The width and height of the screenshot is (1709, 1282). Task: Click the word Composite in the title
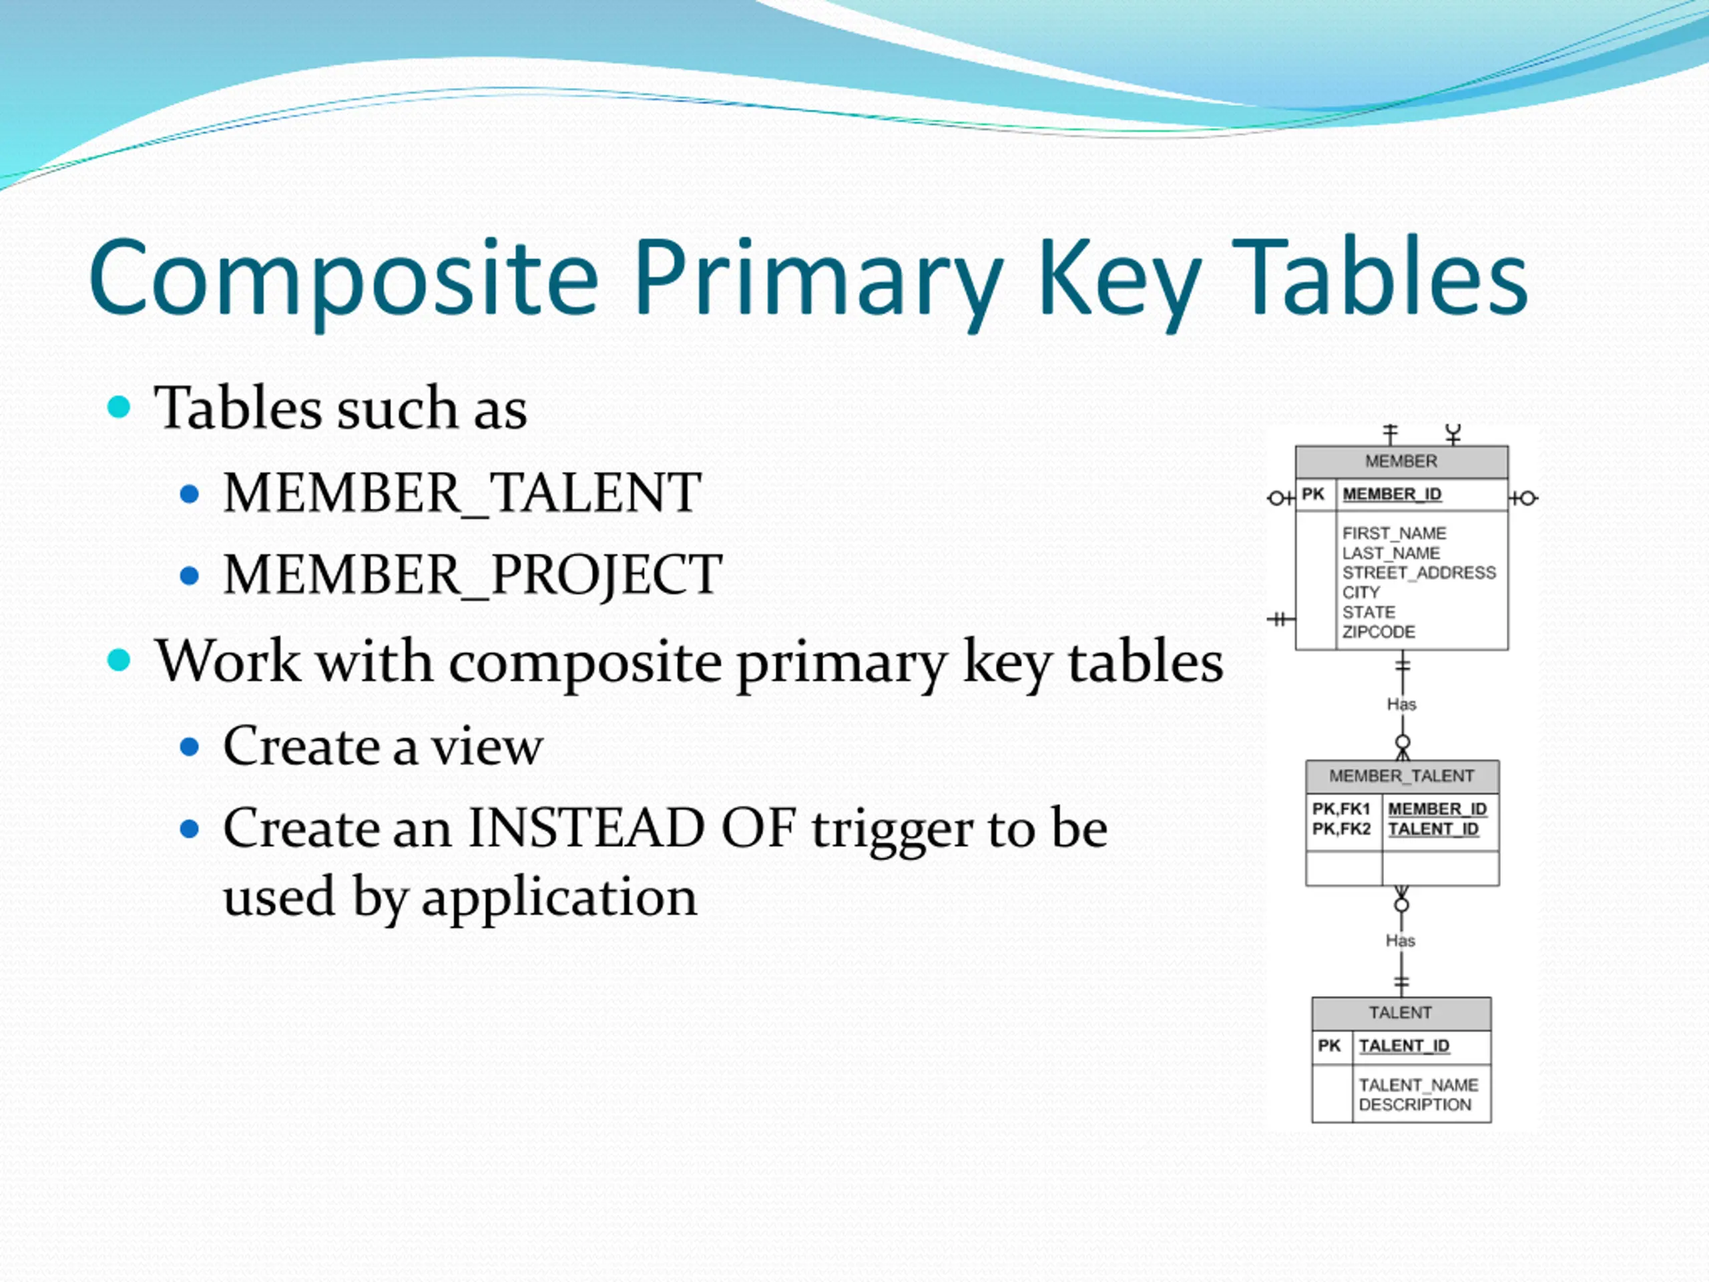pyautogui.click(x=344, y=278)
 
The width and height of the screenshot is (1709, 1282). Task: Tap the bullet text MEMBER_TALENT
pyautogui.click(x=462, y=493)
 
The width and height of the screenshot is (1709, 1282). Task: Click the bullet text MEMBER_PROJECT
pyautogui.click(x=472, y=575)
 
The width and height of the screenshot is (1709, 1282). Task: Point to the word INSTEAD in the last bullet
pyautogui.click(x=586, y=829)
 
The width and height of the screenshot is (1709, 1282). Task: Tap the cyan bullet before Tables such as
pyautogui.click(x=119, y=407)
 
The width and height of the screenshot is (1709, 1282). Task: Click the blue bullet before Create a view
pyautogui.click(x=190, y=746)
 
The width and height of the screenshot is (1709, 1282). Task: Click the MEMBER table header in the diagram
pyautogui.click(x=1401, y=461)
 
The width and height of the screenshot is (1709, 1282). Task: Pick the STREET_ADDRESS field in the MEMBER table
pyautogui.click(x=1419, y=573)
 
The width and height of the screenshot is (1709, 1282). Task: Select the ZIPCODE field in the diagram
pyautogui.click(x=1379, y=632)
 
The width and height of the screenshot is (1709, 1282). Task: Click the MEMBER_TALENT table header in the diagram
pyautogui.click(x=1401, y=776)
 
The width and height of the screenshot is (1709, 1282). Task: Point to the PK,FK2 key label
pyautogui.click(x=1341, y=829)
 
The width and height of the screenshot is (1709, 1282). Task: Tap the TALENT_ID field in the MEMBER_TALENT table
pyautogui.click(x=1433, y=829)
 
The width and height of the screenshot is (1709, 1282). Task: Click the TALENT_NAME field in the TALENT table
pyautogui.click(x=1419, y=1085)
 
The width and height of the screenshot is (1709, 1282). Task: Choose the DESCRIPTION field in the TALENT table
pyautogui.click(x=1415, y=1105)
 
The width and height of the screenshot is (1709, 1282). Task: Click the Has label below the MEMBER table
pyautogui.click(x=1401, y=704)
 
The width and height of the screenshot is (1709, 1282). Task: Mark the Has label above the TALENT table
pyautogui.click(x=1400, y=940)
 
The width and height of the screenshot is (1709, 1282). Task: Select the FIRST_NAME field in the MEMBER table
pyautogui.click(x=1394, y=533)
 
